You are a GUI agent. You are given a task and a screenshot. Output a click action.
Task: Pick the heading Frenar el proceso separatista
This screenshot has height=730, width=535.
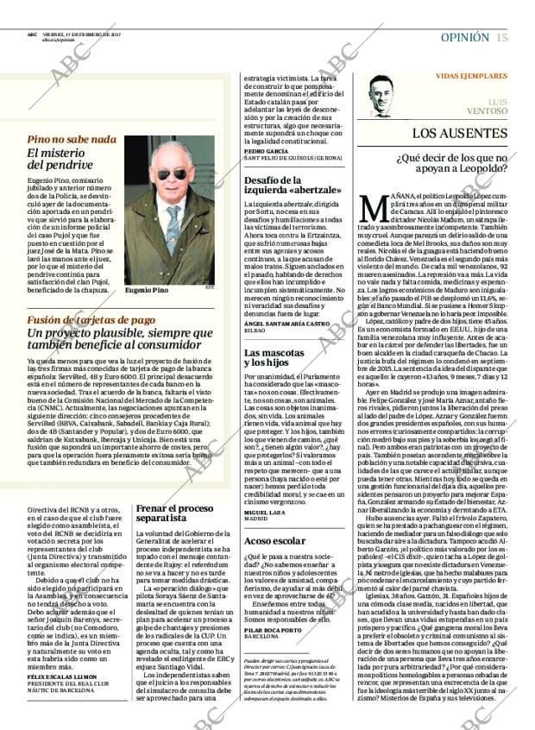[x=178, y=515]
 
